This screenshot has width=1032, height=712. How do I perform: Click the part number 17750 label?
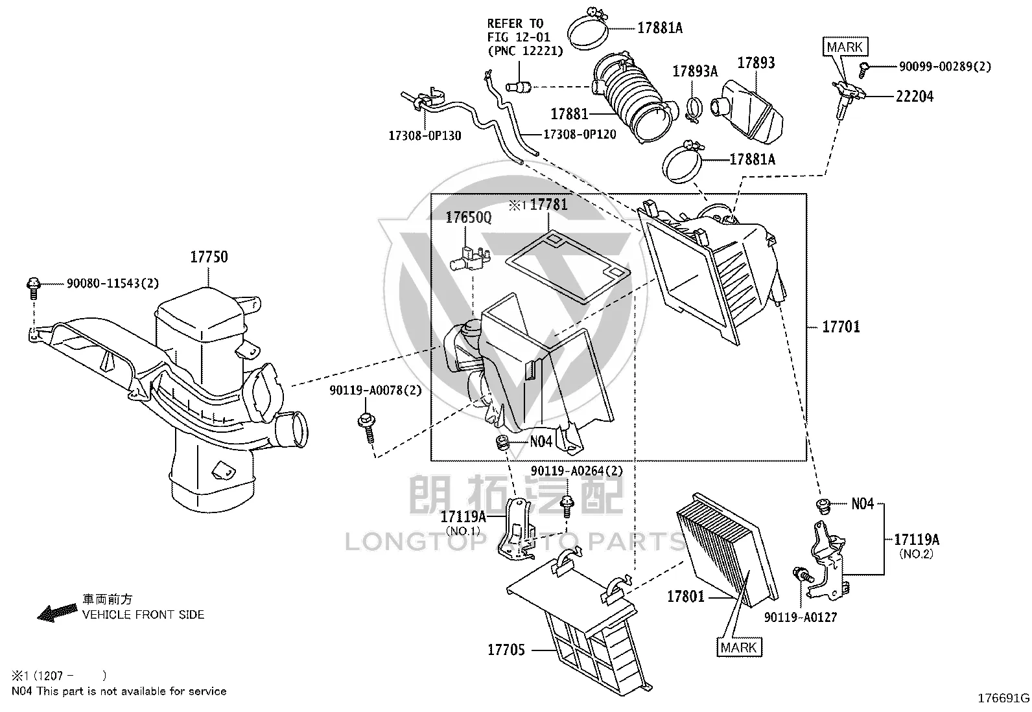[x=209, y=257]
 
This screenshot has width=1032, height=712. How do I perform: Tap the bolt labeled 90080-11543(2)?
[x=34, y=288]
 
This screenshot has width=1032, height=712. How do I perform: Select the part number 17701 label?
[x=841, y=327]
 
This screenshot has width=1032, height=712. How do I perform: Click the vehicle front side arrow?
[x=57, y=612]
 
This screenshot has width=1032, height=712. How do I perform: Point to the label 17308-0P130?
[x=425, y=136]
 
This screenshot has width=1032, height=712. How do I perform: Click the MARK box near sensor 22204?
[x=845, y=47]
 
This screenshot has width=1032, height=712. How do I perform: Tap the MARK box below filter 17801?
[x=739, y=647]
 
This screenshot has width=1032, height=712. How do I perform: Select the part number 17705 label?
[x=506, y=650]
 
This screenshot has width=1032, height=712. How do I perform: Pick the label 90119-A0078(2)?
[x=375, y=391]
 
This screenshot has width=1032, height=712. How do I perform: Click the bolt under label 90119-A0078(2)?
[x=367, y=428]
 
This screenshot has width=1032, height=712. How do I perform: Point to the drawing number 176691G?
[x=1003, y=698]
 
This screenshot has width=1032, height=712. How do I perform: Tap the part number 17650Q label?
[x=468, y=218]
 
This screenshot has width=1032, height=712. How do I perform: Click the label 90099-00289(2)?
[x=945, y=66]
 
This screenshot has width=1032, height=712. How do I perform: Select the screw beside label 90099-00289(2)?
[x=864, y=70]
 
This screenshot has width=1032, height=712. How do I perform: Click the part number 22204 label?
[x=915, y=97]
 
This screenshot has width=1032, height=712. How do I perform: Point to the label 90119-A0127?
[x=801, y=617]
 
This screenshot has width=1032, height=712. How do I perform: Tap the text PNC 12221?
[x=525, y=51]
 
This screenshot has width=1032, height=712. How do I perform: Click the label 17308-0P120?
[x=580, y=135]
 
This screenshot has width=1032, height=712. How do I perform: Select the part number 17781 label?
[x=548, y=205]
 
